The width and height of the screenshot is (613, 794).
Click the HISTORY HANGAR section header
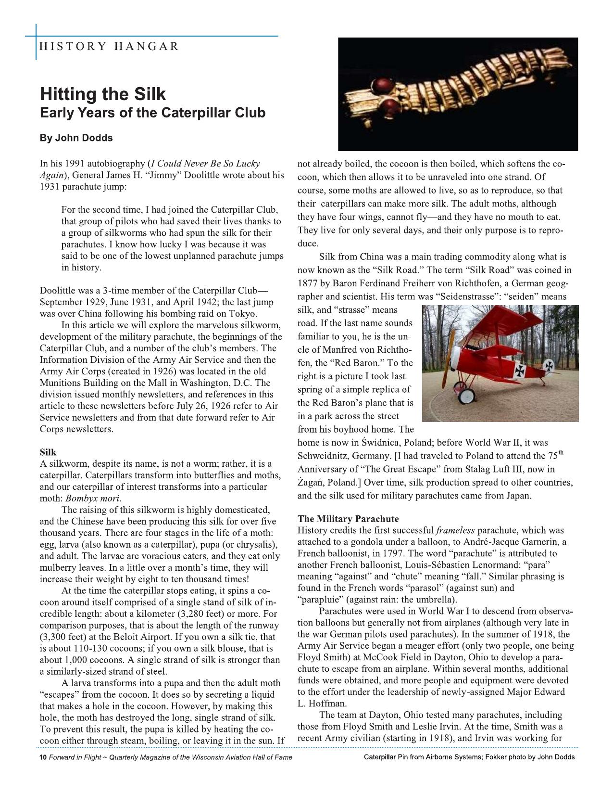click(x=109, y=47)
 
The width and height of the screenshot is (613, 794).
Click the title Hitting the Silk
click(x=102, y=93)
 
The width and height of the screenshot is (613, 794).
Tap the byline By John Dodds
click(x=76, y=138)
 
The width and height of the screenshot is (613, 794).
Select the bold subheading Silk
click(x=48, y=452)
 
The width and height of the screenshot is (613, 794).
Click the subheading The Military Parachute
click(x=348, y=519)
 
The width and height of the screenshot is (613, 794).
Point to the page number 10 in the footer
click(x=42, y=757)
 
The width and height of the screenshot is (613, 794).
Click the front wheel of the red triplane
click(x=466, y=396)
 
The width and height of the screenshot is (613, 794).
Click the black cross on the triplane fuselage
click(x=521, y=370)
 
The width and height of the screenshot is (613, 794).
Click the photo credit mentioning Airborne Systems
click(x=469, y=757)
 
